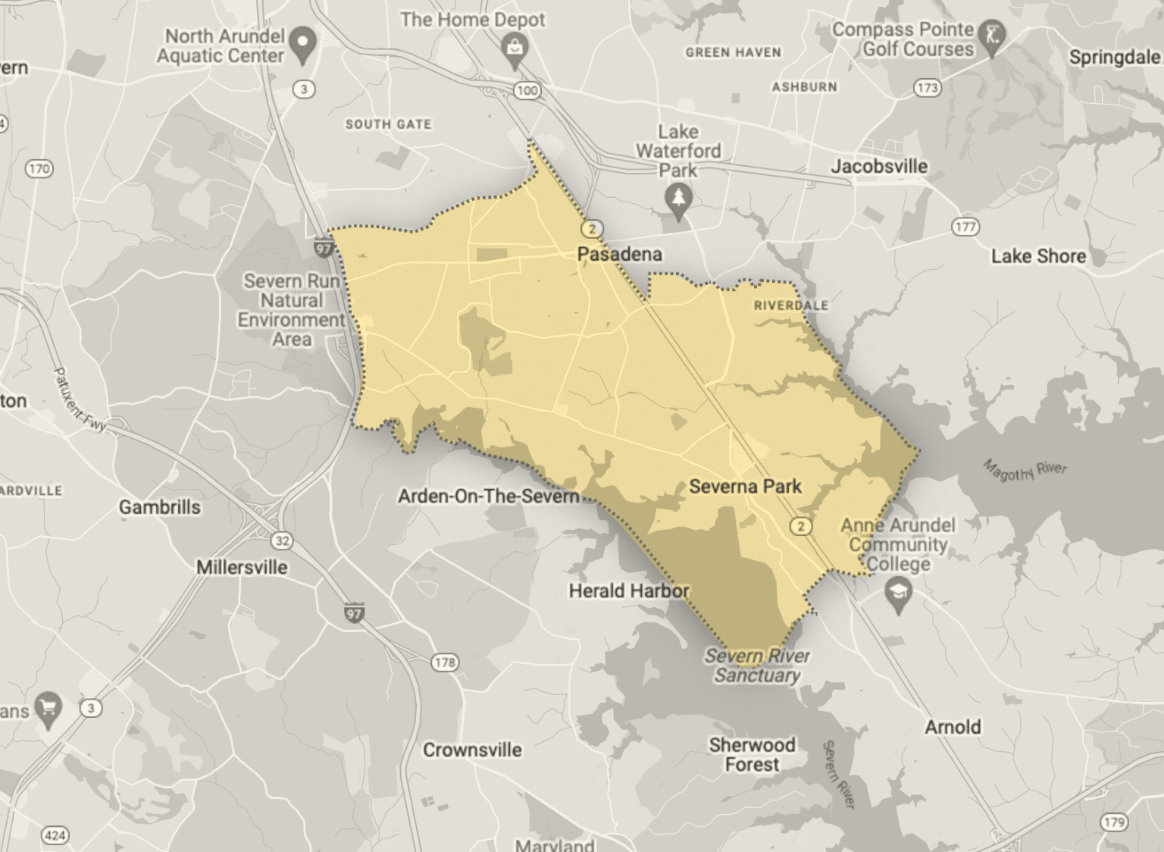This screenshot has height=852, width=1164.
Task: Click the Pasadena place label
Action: coord(619,254)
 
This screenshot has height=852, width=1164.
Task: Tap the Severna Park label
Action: coord(745,486)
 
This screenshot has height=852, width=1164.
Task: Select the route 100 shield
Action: coord(527,91)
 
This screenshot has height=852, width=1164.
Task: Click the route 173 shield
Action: coord(927,88)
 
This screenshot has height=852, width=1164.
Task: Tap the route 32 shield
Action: coord(282,540)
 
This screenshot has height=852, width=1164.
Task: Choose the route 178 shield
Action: coord(444,662)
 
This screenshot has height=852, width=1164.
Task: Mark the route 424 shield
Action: coord(55,835)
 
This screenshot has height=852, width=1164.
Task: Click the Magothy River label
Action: coord(1025,470)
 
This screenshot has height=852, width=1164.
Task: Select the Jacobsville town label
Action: coord(878,166)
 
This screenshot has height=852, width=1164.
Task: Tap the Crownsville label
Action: coord(472,750)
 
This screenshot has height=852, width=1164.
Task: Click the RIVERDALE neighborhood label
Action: coord(790,305)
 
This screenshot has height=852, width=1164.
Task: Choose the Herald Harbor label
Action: coord(628,590)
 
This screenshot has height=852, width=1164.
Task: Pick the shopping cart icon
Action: coord(49,707)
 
